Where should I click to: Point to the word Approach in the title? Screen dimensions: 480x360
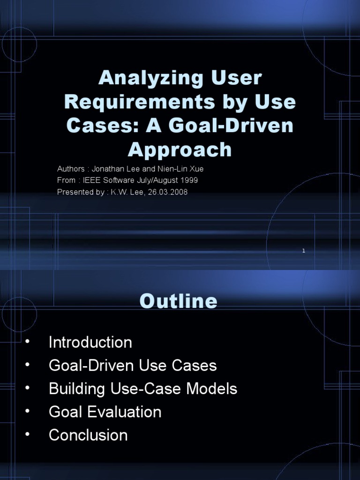(180, 150)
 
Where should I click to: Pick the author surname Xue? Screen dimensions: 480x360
(196, 169)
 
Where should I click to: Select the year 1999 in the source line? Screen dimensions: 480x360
(195, 180)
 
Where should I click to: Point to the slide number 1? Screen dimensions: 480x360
(304, 251)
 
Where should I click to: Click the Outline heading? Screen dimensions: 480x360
(178, 301)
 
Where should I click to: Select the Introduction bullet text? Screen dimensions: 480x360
(90, 342)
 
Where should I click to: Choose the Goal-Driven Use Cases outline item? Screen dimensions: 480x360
(133, 366)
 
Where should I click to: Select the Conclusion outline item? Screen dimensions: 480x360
(88, 435)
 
